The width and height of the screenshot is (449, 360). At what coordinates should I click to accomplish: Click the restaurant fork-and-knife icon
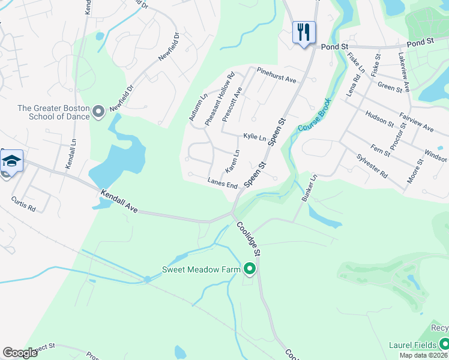point(304,32)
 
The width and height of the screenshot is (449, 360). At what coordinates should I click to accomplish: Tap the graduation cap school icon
point(12,161)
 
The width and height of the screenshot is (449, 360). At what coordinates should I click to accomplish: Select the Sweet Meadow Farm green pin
point(250,269)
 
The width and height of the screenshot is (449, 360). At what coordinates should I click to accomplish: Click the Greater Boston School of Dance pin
point(99,111)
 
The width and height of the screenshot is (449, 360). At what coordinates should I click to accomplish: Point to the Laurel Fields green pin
point(444,344)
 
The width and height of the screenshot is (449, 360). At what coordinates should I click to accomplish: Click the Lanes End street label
point(222,183)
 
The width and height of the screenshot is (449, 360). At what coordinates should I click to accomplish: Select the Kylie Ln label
point(254,137)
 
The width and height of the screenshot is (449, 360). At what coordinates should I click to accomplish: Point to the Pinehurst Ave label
point(277,75)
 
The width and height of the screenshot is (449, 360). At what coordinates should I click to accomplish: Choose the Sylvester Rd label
point(372,164)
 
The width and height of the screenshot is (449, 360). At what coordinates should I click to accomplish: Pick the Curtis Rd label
point(24,203)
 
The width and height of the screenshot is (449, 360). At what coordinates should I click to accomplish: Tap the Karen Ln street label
point(232,160)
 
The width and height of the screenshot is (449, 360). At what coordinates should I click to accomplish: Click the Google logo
point(20,353)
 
